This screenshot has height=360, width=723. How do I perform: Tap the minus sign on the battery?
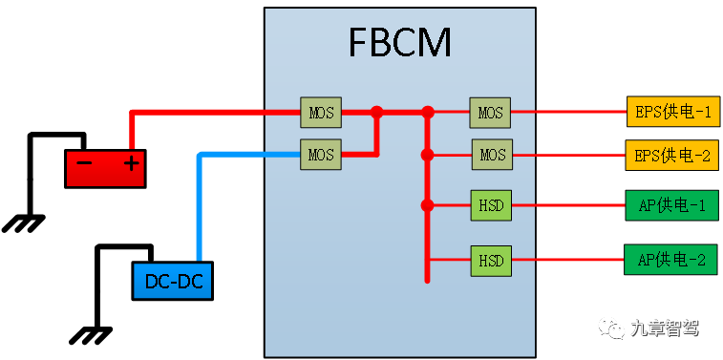84,163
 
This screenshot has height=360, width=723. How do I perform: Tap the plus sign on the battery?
131,163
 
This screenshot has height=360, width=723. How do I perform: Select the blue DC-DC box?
172,282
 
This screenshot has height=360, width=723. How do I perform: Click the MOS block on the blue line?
321,153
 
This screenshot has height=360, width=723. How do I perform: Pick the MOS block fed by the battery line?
321,112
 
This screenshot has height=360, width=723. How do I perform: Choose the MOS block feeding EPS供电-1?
490,112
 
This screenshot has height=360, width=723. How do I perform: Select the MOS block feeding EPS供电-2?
492,154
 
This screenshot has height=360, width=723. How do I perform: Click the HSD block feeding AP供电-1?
492,204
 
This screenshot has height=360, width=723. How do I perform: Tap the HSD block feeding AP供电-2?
492,260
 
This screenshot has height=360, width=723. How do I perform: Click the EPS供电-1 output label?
671,112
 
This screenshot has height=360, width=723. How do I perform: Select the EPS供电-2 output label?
671,155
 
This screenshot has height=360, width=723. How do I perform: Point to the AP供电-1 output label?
671,204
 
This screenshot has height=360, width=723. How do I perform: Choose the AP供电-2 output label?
671,260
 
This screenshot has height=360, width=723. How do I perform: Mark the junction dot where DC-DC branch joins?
376,112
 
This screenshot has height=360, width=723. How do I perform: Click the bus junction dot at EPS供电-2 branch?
428,154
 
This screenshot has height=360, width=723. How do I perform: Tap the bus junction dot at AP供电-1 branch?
428,204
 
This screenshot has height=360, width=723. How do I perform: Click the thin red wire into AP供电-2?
568,260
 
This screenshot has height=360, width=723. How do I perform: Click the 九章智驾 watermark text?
665,328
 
